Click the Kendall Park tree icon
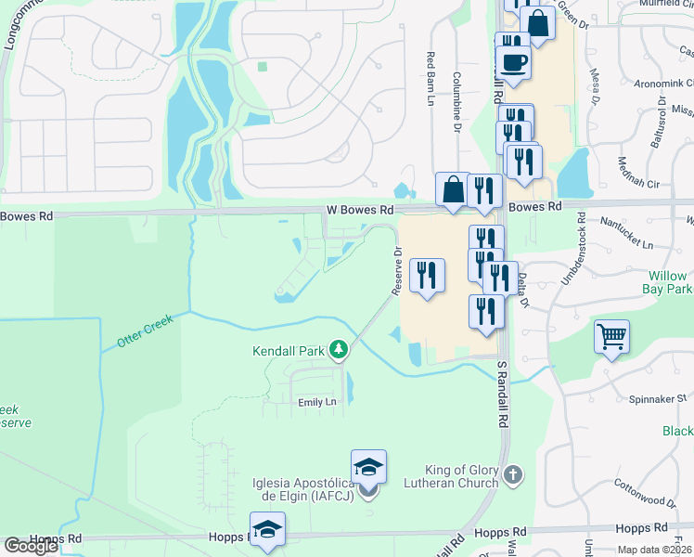click(x=341, y=350)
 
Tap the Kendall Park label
click(x=289, y=351)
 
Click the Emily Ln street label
click(x=315, y=402)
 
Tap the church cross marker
click(x=512, y=476)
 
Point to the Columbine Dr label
click(x=456, y=102)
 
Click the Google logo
click(x=31, y=546)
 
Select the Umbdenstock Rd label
click(x=581, y=249)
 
